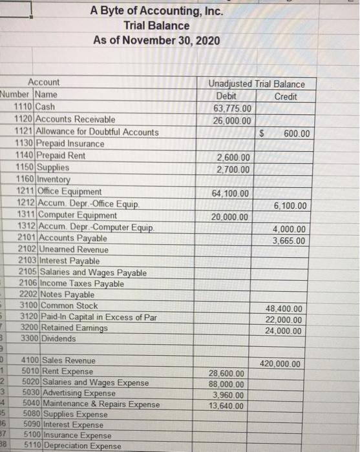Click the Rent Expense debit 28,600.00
coord(227,374)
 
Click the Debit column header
coord(229,95)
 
